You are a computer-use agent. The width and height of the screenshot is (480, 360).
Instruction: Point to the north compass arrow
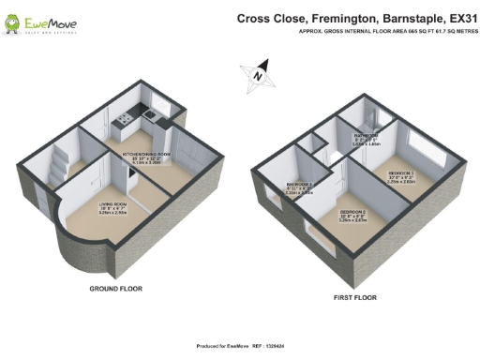click(x=259, y=71)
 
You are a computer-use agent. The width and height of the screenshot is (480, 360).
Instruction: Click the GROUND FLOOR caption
click(x=115, y=289)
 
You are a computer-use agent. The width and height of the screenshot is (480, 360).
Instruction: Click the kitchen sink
click(x=127, y=118)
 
